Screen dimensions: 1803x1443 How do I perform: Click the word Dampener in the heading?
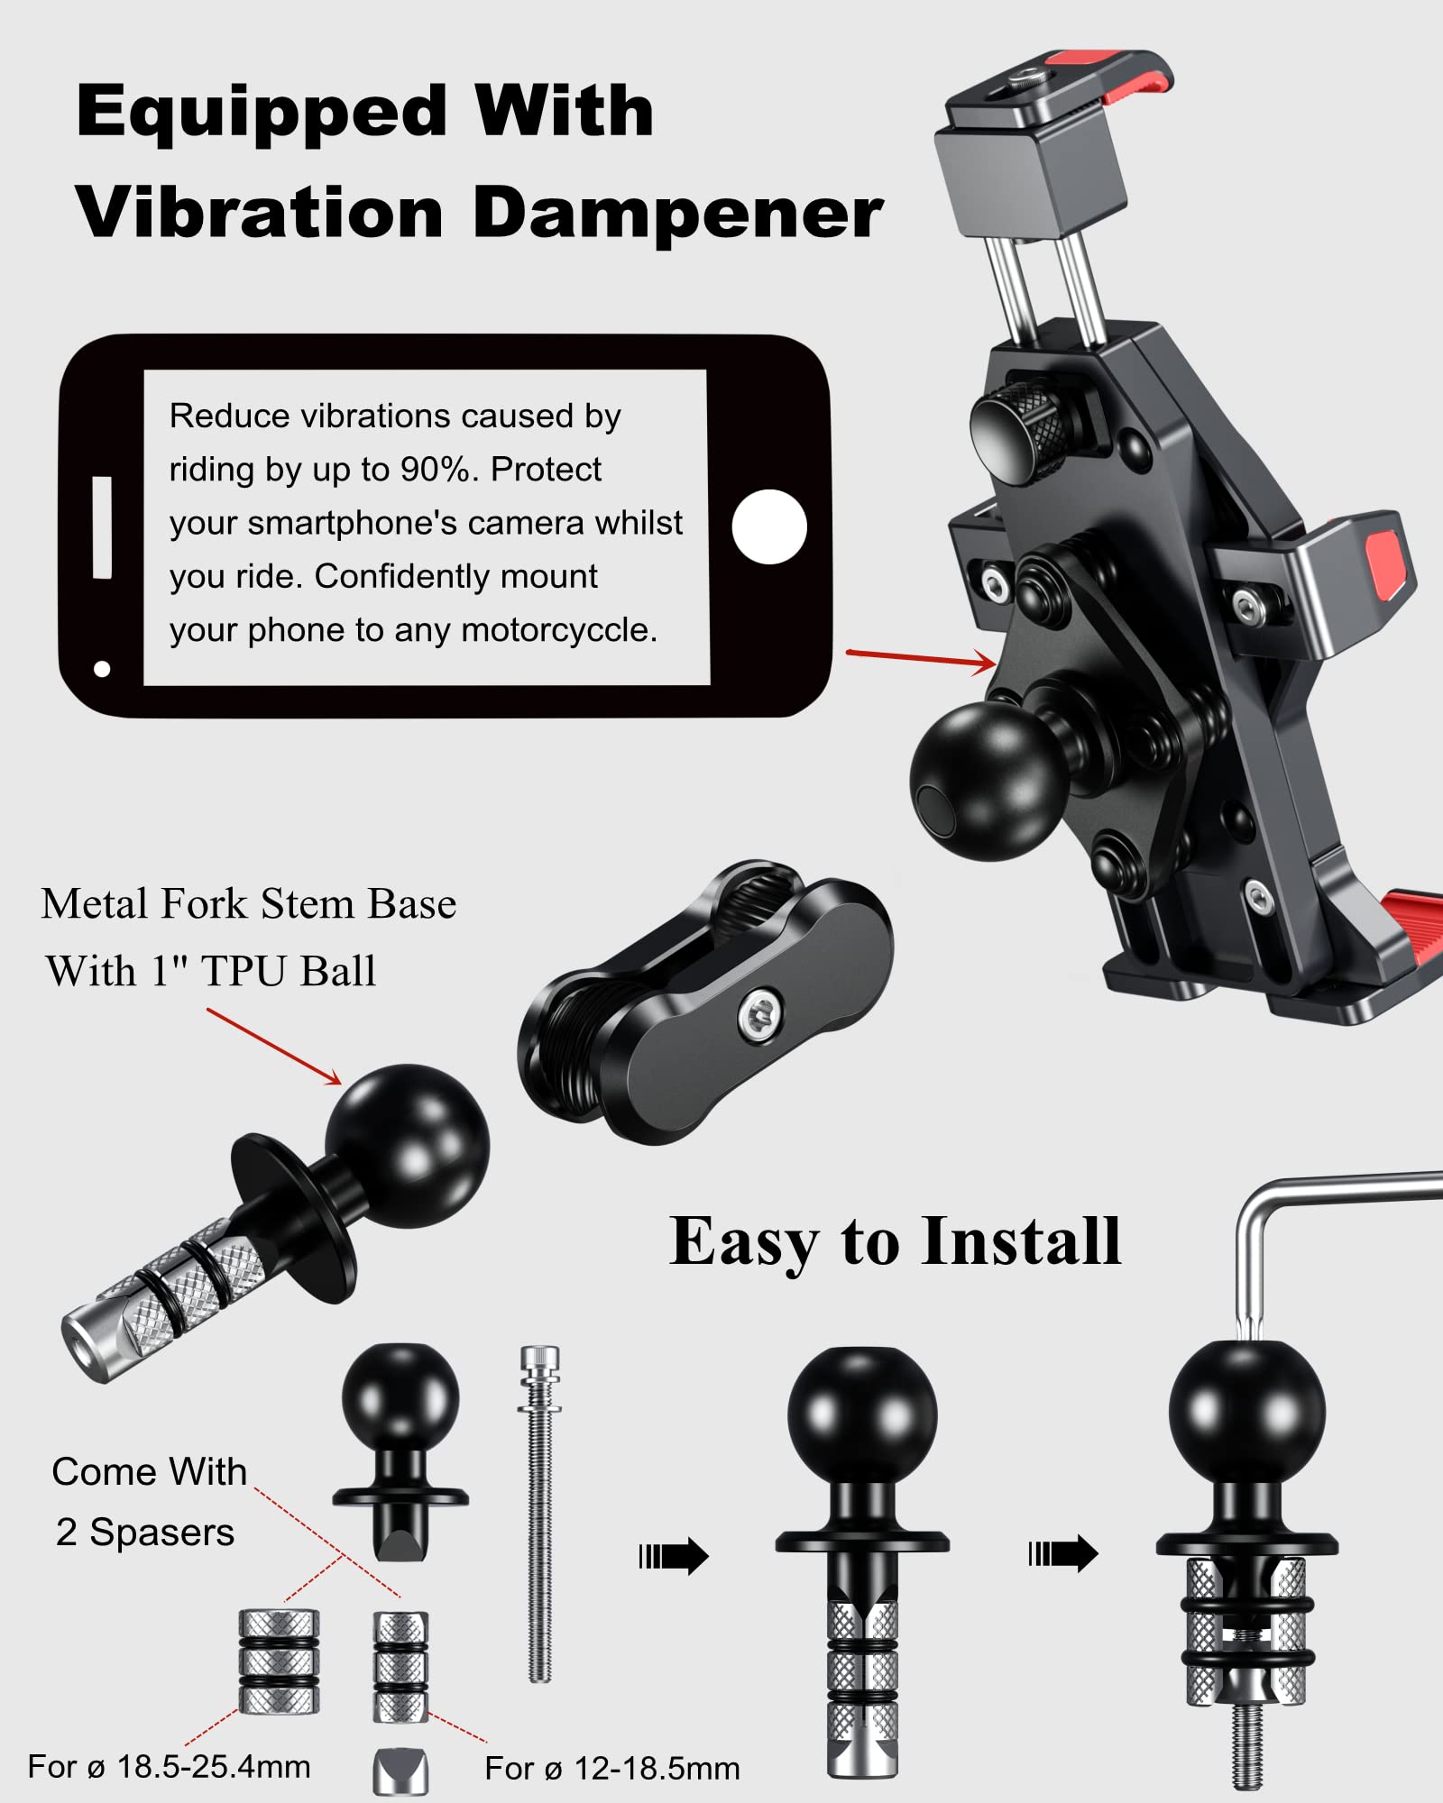pos(677,215)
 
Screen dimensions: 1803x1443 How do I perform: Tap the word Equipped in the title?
pos(262,113)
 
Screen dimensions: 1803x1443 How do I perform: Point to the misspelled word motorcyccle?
pos(558,630)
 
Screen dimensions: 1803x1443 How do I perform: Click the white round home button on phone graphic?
pos(768,527)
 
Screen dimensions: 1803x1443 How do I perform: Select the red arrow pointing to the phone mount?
pos(920,659)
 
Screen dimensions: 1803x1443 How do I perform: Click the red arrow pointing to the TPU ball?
pos(274,1046)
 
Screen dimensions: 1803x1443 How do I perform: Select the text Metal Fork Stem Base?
pos(249,904)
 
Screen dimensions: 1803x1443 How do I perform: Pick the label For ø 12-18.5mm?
pos(611,1769)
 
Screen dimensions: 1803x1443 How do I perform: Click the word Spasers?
pos(162,1533)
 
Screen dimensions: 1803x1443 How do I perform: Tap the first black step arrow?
pos(674,1556)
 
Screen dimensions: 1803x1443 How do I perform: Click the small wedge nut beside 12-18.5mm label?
pos(400,1771)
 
